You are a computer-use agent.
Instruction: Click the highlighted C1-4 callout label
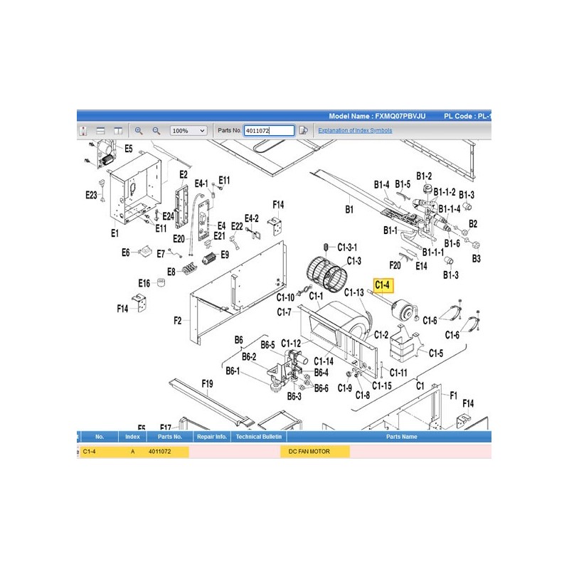[383, 285]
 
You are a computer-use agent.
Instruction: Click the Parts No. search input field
[269, 131]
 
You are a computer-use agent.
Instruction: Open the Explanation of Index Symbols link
[355, 130]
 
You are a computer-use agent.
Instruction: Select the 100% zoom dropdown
[188, 131]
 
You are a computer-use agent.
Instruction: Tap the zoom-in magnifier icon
[139, 131]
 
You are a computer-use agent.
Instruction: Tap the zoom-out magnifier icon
[156, 131]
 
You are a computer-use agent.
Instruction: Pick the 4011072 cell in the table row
[159, 452]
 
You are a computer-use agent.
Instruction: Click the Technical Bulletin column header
[259, 437]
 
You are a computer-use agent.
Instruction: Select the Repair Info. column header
[211, 437]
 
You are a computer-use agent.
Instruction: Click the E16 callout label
[144, 283]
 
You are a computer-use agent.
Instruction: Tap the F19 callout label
[207, 383]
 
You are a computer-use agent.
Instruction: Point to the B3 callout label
[476, 258]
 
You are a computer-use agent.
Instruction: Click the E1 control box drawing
[135, 188]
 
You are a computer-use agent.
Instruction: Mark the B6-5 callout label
[268, 345]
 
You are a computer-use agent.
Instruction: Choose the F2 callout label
[177, 321]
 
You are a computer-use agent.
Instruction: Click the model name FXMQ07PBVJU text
[400, 116]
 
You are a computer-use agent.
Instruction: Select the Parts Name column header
[401, 437]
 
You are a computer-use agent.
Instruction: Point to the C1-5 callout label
[436, 353]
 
